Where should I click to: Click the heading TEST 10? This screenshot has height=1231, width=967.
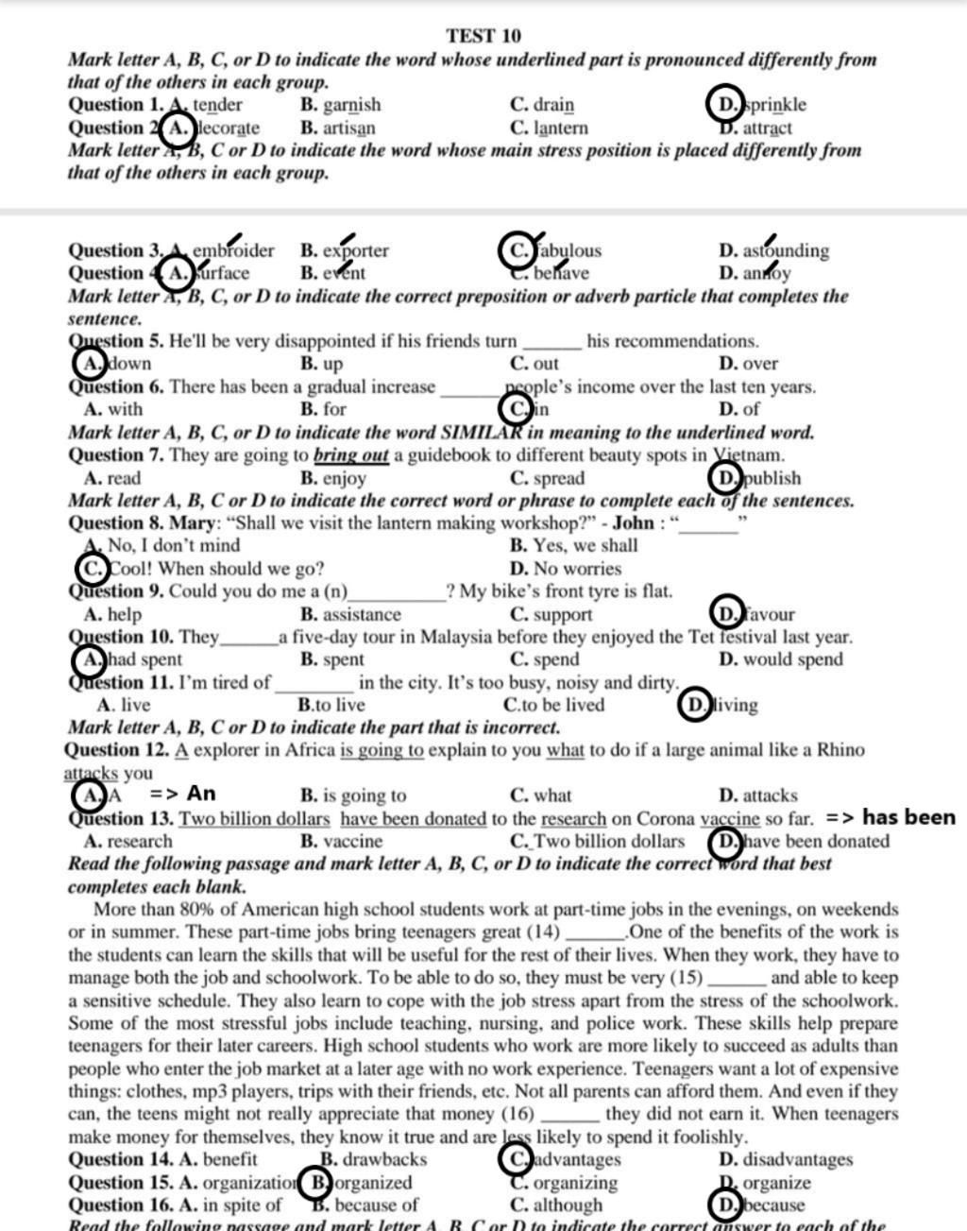click(x=483, y=36)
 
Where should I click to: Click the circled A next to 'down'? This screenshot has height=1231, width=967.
click(x=89, y=364)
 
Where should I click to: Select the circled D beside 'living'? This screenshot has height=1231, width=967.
click(x=695, y=705)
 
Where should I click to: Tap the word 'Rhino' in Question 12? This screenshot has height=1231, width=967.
click(x=840, y=750)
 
